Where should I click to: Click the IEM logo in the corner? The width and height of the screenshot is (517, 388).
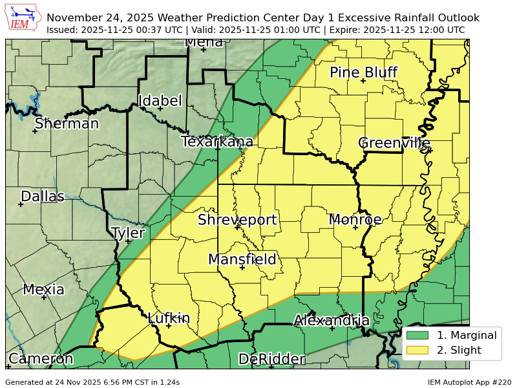click(x=23, y=18)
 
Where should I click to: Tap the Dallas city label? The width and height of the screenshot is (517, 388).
click(x=43, y=196)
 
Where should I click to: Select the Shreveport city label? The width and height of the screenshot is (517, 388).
click(x=237, y=220)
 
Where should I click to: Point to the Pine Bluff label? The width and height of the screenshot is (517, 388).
click(x=363, y=72)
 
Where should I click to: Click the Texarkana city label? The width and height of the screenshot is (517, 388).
click(x=217, y=142)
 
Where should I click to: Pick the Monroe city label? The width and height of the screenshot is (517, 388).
click(x=355, y=220)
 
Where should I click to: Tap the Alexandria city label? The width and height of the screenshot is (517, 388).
click(x=332, y=320)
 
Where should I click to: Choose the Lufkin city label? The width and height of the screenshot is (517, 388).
click(x=169, y=318)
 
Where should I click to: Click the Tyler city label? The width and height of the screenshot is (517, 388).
click(x=128, y=233)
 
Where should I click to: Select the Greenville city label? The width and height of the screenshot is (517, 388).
click(x=394, y=143)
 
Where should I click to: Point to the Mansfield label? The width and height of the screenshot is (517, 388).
click(x=242, y=259)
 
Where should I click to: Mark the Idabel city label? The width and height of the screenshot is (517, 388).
click(x=160, y=101)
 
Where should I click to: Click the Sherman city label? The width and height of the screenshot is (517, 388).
click(x=67, y=124)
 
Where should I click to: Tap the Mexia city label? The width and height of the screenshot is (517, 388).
click(x=44, y=290)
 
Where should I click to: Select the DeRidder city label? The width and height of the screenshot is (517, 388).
click(x=271, y=359)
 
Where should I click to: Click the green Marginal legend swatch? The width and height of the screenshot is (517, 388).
click(x=417, y=335)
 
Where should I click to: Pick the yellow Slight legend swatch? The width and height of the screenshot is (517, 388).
click(x=417, y=350)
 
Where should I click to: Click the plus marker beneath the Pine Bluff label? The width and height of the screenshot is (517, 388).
click(x=363, y=81)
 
